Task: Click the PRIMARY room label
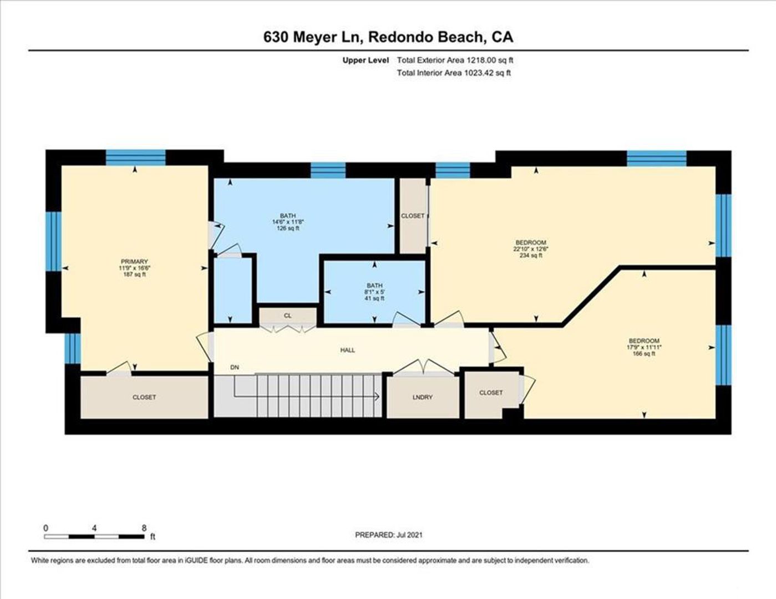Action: click(134, 261)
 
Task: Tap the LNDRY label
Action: click(423, 397)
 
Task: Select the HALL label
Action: click(347, 350)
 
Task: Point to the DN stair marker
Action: click(235, 367)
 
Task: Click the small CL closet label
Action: click(287, 316)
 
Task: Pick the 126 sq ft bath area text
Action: click(288, 228)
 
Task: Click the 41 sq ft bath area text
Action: click(374, 298)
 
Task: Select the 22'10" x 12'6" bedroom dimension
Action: click(531, 249)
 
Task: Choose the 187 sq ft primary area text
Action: click(134, 274)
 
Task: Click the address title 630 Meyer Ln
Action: click(313, 37)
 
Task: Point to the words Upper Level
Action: click(366, 60)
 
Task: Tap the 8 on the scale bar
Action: click(144, 527)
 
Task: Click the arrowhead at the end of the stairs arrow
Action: click(377, 396)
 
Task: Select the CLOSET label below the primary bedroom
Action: click(144, 397)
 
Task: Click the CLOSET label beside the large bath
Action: click(413, 216)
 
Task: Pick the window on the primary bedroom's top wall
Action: click(136, 158)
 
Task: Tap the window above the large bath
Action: click(328, 170)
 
